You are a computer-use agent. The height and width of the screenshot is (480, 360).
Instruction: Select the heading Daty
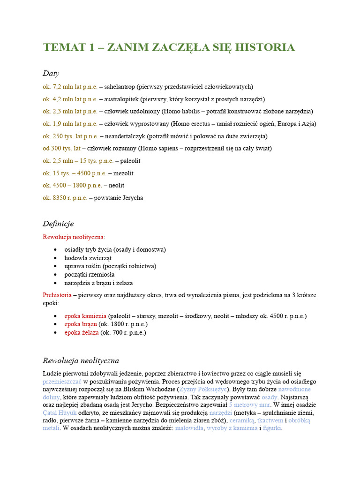(51, 74)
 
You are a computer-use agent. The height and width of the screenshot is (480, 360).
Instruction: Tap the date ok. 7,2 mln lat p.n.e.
(70, 87)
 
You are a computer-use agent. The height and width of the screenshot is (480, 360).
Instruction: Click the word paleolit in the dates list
(130, 161)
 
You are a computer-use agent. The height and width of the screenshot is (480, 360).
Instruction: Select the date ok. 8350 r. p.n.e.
(65, 198)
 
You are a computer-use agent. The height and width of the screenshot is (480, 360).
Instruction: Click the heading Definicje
(58, 224)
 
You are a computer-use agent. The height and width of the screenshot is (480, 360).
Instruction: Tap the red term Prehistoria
(57, 295)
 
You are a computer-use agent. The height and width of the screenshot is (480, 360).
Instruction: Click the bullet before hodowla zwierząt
(56, 258)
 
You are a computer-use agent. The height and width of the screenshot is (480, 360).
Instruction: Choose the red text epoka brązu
(81, 324)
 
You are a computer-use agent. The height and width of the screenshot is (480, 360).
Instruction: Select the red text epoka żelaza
(82, 333)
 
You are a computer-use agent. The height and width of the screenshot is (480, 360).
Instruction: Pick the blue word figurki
(271, 428)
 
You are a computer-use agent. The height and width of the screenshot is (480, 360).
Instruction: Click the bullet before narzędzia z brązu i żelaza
(56, 283)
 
